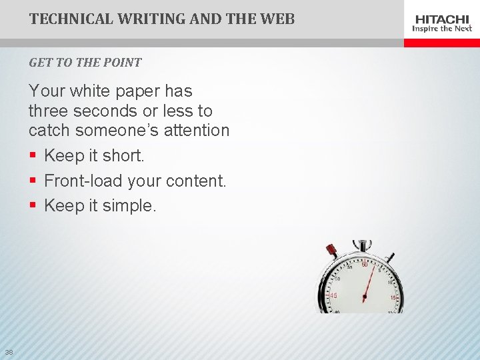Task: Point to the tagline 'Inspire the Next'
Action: [442, 29]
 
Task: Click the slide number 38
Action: [9, 352]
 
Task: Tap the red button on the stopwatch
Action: [331, 250]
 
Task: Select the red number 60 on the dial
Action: [365, 265]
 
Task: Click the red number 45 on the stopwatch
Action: [333, 295]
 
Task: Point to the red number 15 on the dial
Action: [393, 297]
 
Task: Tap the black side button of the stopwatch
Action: [390, 255]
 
